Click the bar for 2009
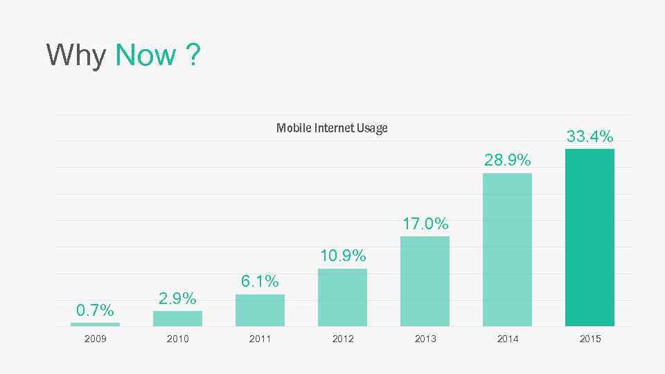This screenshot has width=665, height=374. point(95,324)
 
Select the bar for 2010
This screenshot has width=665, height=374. point(177,319)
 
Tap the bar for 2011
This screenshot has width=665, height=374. point(260,310)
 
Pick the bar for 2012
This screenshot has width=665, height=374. point(342,297)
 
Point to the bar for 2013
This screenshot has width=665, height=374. point(425,281)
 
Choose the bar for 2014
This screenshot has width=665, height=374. point(507,249)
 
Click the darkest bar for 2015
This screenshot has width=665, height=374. point(589,238)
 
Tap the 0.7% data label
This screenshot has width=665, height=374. point(95,310)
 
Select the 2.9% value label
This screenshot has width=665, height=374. point(177,299)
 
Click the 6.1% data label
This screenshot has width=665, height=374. point(260,281)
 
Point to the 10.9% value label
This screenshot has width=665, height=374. point(343,256)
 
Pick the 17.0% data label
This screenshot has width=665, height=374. point(425,224)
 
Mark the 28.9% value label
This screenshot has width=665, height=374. point(508,161)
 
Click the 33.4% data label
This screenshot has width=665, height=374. point(590,137)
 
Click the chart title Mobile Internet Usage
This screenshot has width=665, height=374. point(332,128)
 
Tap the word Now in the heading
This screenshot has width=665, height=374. point(145,55)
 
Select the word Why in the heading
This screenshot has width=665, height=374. point(76,55)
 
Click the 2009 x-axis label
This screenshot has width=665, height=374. point(95,339)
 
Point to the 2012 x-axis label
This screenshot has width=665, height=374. point(342,339)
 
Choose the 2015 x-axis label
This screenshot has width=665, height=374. point(590,339)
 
